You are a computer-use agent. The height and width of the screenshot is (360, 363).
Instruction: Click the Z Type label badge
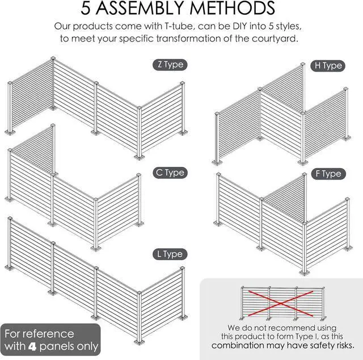(x=170, y=65)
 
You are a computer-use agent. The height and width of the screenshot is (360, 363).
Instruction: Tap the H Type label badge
(x=328, y=66)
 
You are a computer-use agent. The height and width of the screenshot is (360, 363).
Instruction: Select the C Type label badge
(x=170, y=173)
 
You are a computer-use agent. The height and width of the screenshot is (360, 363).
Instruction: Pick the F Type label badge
(x=328, y=174)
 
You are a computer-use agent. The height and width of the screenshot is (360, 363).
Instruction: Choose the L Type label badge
(x=170, y=254)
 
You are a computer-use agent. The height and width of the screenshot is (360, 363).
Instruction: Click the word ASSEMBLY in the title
(x=140, y=8)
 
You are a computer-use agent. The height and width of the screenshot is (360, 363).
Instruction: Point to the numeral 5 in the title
(x=85, y=9)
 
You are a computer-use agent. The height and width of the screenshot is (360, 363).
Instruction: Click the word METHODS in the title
(x=233, y=8)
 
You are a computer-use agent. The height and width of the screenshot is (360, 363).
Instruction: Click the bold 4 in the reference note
(x=32, y=346)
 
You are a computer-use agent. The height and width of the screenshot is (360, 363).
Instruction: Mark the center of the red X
(x=280, y=303)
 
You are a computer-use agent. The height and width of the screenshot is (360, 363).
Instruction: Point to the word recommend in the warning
(x=284, y=328)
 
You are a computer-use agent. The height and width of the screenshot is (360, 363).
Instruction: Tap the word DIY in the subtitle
(x=240, y=26)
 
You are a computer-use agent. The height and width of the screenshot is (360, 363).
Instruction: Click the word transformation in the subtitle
(x=188, y=39)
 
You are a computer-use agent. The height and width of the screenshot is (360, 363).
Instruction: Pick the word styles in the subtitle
(x=289, y=27)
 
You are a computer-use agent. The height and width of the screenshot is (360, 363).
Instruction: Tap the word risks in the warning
(x=344, y=345)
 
